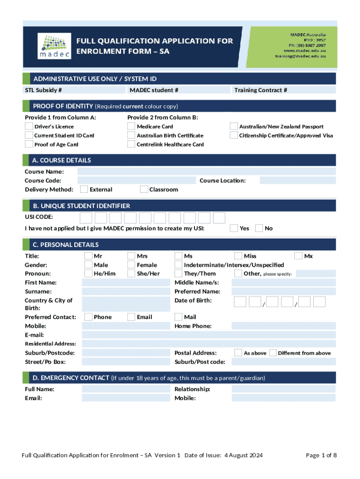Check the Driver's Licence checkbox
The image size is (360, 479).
29,126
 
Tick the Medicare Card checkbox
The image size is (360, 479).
131,126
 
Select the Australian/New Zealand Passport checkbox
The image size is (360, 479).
234,126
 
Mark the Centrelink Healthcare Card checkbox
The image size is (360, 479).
131,144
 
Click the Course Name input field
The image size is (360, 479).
206,172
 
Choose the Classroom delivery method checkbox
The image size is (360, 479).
144,189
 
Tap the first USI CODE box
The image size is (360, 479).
86,218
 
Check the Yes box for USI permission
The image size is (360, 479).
234,228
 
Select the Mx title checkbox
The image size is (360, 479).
298,256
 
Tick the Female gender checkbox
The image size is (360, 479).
131,265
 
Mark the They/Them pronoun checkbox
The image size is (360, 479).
179,274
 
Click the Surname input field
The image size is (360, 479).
126,291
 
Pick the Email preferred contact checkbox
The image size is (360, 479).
131,317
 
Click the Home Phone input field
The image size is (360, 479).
283,326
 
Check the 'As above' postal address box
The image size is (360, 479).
238,353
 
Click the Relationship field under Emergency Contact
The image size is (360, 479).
283,389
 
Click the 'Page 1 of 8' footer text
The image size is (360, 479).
321,455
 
